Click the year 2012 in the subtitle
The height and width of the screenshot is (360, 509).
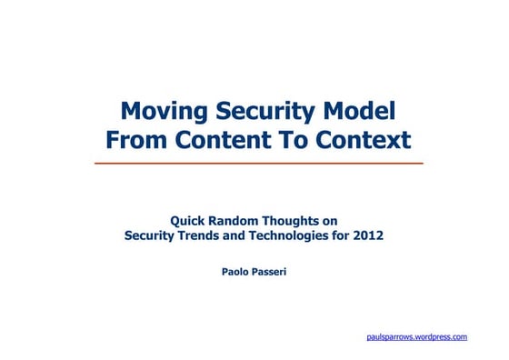[368, 235]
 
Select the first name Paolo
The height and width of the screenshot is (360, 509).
[237, 270]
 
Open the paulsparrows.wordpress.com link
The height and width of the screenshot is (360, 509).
[415, 336]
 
